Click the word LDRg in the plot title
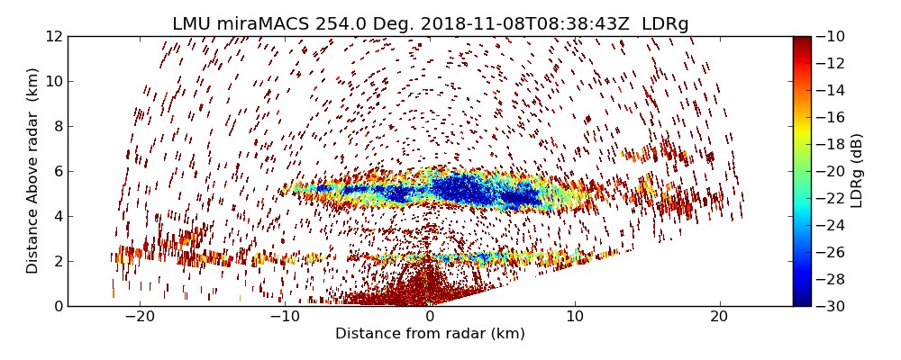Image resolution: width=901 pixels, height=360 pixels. tap(665, 24)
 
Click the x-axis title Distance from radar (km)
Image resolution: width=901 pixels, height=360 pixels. tap(430, 334)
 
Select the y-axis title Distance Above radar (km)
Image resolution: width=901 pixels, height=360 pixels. tap(33, 170)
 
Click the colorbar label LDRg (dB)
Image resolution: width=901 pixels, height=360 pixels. tap(857, 170)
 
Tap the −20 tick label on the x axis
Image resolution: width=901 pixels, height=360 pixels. tap(140, 317)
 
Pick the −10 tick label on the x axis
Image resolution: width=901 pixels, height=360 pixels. tap(284, 317)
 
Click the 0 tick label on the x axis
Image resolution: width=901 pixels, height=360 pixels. tap(430, 317)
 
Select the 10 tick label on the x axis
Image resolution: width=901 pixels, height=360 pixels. tap(575, 317)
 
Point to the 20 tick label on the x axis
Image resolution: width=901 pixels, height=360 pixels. tap(719, 317)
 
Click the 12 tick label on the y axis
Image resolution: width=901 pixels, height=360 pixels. tap(53, 37)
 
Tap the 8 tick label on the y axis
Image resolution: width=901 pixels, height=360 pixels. tap(57, 127)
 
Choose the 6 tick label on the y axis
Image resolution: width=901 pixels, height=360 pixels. tap(57, 172)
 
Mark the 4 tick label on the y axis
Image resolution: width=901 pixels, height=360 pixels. tap(57, 217)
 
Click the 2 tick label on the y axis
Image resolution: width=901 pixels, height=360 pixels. tap(57, 262)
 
